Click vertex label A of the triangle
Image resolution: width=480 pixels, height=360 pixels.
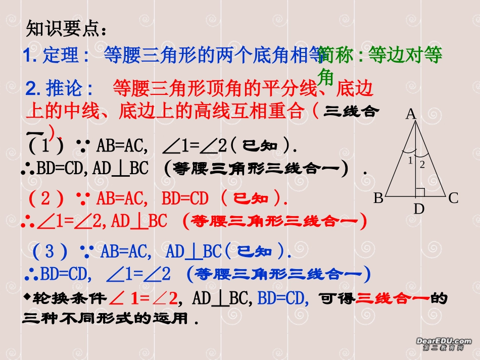point(411,115)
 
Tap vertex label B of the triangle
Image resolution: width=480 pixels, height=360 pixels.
point(378,198)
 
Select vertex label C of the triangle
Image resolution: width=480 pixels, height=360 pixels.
point(453,198)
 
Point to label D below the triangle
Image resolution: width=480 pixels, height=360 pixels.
point(419,208)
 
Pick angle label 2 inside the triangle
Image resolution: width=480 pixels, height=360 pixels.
point(422,164)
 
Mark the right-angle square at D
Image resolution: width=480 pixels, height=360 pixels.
point(419,192)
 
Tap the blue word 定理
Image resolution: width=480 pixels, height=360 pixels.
point(62,55)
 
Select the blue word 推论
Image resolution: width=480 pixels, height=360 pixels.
point(65,89)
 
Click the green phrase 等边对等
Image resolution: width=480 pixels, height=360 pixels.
point(406,55)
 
